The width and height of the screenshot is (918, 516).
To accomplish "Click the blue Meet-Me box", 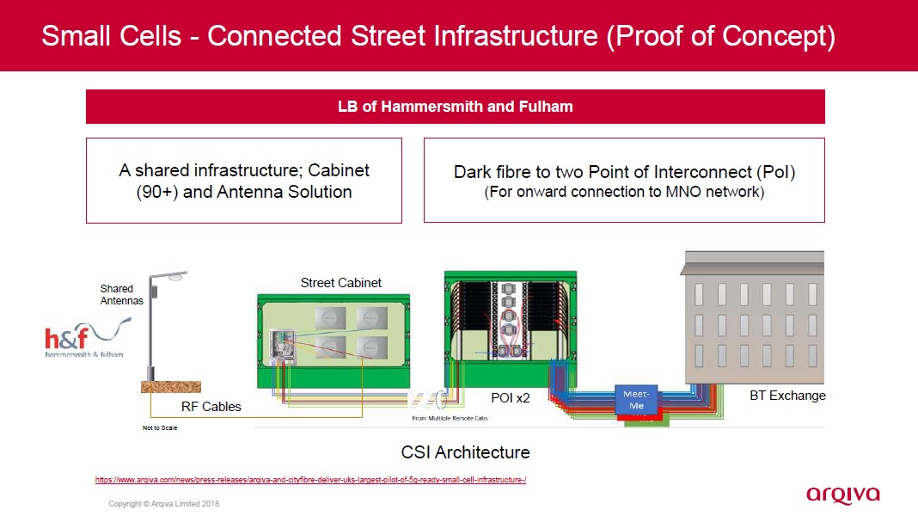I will coord(634,399).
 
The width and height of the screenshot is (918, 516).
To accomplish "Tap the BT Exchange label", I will coord(787,396).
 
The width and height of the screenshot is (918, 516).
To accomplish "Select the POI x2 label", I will coord(511,398).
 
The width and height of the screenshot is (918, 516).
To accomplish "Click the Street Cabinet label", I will coord(341,282).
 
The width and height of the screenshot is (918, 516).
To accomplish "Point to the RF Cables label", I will coord(211,406).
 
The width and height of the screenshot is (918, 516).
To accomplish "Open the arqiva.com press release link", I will coord(309,480).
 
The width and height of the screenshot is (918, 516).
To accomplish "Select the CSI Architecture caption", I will coord(465,451).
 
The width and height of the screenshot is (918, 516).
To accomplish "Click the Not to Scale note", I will coord(160,427).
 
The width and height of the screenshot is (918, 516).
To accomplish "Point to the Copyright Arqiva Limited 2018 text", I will coord(163,503).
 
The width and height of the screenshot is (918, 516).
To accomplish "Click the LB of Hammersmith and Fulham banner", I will coord(455,107).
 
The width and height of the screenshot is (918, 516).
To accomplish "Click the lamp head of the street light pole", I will coord(176,276).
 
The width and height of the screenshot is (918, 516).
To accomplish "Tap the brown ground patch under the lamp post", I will coord(168,387).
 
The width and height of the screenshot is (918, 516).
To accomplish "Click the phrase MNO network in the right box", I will coord(711,192).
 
